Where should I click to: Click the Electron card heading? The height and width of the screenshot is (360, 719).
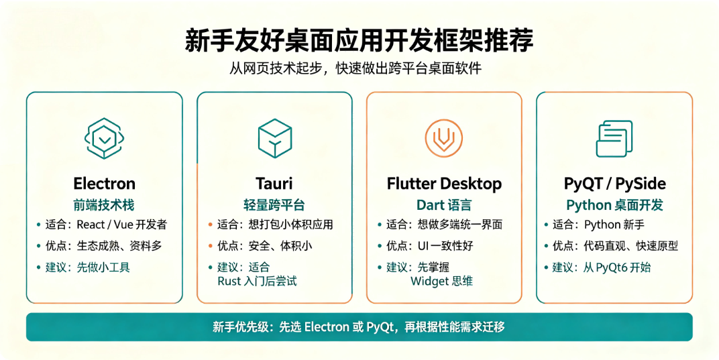[105, 184]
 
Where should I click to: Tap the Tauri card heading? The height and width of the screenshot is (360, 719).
[274, 184]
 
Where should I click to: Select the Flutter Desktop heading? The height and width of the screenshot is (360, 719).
[444, 184]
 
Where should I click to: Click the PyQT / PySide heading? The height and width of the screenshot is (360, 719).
[614, 184]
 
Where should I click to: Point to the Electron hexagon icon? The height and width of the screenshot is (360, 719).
[105, 138]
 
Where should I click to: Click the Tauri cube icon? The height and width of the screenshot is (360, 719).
[275, 139]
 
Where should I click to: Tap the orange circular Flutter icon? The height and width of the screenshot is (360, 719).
[444, 138]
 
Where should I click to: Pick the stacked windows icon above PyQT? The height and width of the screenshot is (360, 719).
[614, 139]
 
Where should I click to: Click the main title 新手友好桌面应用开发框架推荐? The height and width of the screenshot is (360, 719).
[359, 40]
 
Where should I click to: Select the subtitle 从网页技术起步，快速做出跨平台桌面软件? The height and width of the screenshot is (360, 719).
[355, 68]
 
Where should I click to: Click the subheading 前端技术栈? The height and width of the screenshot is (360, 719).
[104, 204]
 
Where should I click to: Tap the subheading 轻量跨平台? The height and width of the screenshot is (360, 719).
[274, 204]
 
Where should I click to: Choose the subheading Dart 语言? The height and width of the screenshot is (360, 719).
[444, 204]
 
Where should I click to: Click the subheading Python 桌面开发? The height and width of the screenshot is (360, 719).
[614, 205]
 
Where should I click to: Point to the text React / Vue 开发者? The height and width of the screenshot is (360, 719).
[122, 225]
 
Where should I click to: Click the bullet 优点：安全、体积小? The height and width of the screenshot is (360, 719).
[264, 246]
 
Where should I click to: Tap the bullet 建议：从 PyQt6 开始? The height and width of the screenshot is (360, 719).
[602, 267]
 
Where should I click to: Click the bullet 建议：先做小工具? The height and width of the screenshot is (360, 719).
[88, 267]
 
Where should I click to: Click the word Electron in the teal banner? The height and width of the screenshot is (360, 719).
[327, 327]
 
